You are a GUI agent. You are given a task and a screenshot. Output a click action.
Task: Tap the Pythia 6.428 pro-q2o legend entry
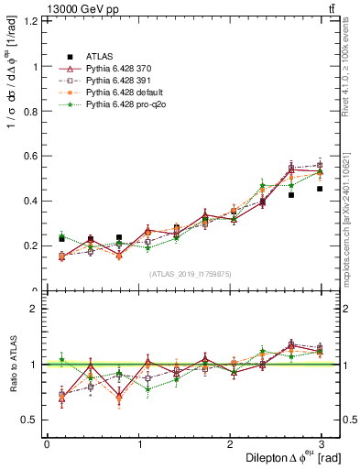[x=121, y=104]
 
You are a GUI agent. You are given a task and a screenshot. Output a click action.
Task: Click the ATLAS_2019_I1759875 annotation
[x=191, y=273]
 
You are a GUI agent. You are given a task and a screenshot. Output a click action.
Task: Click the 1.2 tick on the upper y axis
[x=30, y=22]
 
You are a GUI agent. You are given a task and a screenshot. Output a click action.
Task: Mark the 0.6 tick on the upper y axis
[x=30, y=156]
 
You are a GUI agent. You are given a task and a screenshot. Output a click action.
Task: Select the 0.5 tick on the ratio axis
[x=30, y=420]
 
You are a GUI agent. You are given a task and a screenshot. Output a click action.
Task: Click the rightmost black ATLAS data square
[x=320, y=189]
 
